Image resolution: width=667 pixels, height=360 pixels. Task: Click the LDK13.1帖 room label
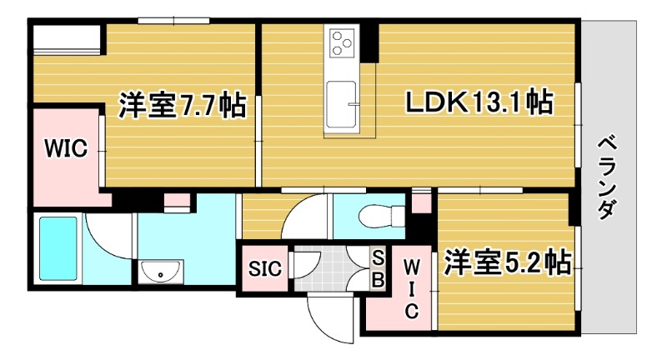[x=479, y=102]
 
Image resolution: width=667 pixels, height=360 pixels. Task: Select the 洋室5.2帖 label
[x=506, y=262]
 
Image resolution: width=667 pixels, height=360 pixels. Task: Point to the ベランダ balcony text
[x=606, y=176]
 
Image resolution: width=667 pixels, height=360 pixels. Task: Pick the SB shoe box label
[x=377, y=269]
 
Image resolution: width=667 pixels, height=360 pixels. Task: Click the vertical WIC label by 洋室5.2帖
[x=411, y=288]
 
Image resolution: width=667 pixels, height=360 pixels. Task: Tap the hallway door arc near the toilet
[x=304, y=219]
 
